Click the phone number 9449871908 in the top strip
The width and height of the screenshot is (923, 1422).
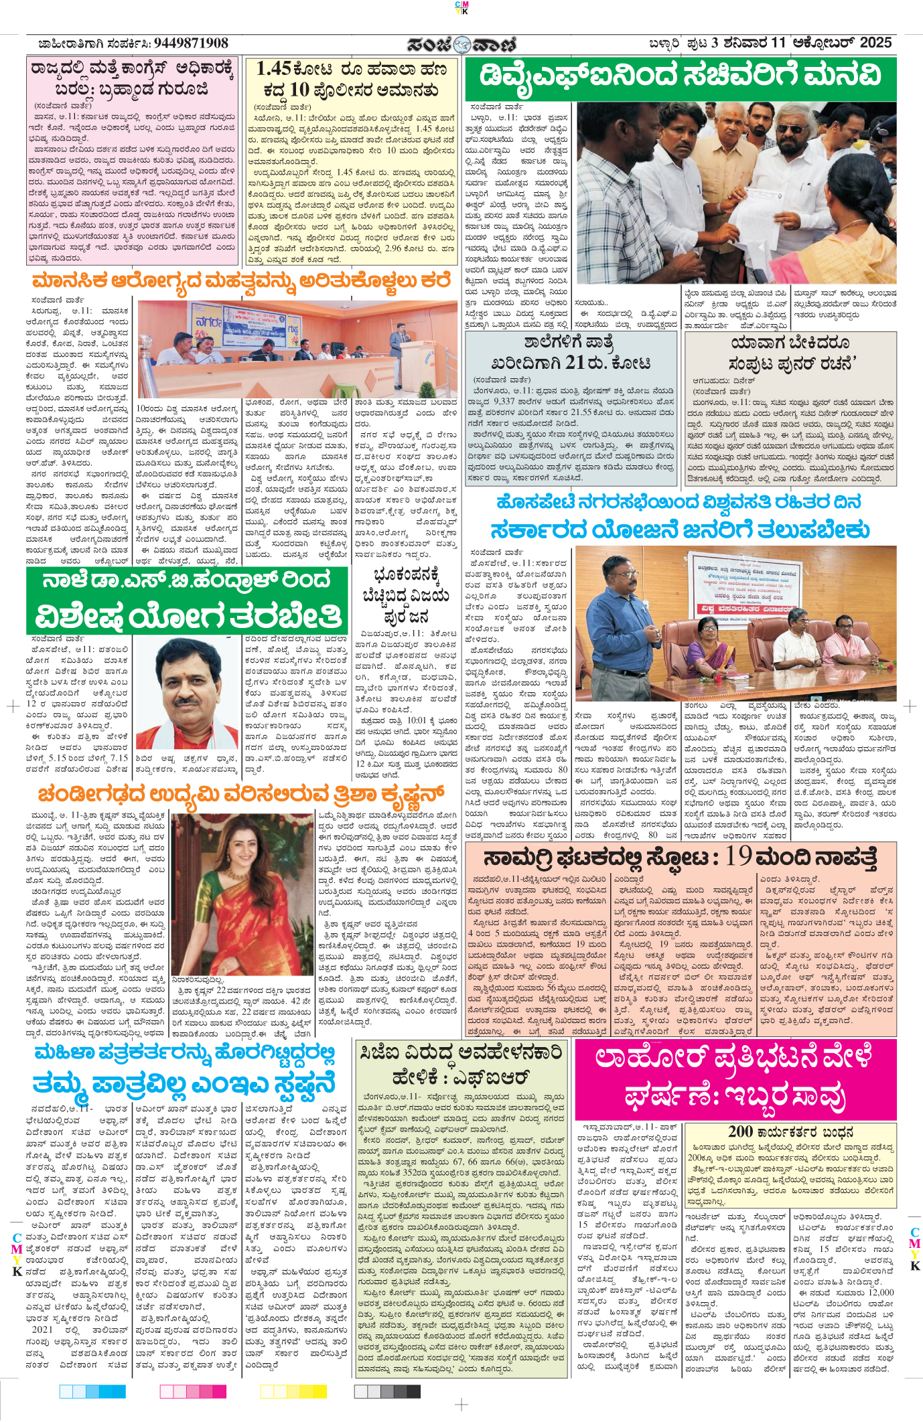pyautogui.click(x=191, y=44)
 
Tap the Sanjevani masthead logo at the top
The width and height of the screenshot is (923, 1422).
pyautogui.click(x=461, y=44)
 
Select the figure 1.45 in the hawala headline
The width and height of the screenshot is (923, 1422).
pyautogui.click(x=273, y=69)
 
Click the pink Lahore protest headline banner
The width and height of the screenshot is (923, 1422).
pyautogui.click(x=734, y=1077)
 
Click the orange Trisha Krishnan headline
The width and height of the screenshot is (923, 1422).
pyautogui.click(x=241, y=795)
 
